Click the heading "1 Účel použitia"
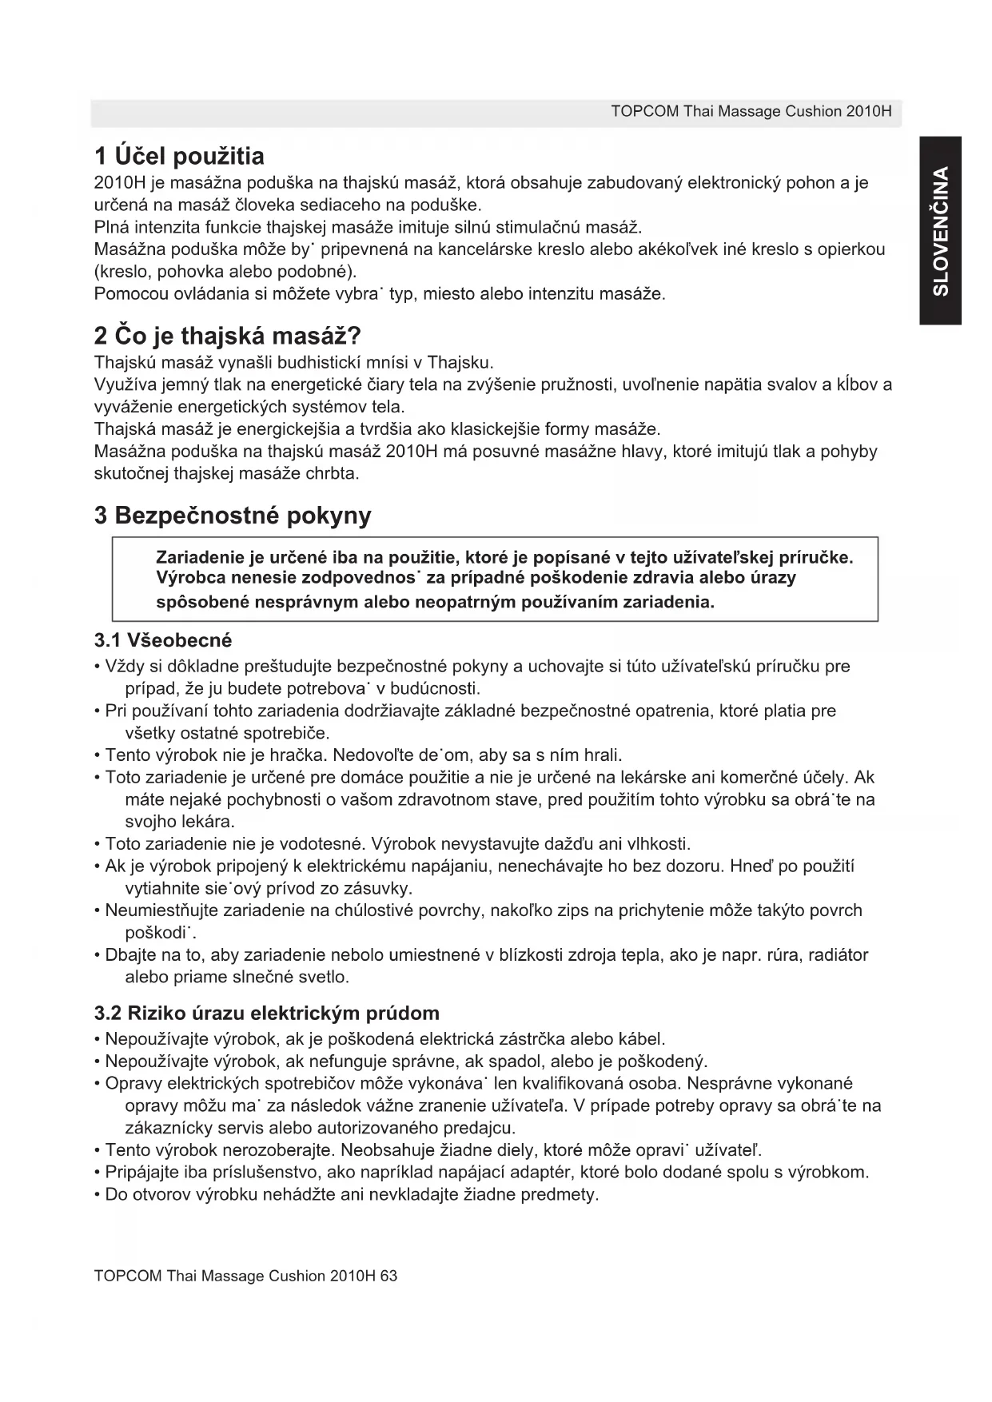click(x=179, y=155)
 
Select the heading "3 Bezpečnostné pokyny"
click(x=233, y=516)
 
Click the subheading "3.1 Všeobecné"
click(x=163, y=640)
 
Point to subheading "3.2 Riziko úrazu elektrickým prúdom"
click(x=267, y=1014)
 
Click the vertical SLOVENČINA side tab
click(x=941, y=230)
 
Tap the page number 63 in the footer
click(x=388, y=1276)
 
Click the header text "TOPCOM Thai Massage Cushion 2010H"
click(x=751, y=111)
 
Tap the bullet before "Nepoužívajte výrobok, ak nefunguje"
click(x=98, y=1062)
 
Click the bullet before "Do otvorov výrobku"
click(x=98, y=1196)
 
